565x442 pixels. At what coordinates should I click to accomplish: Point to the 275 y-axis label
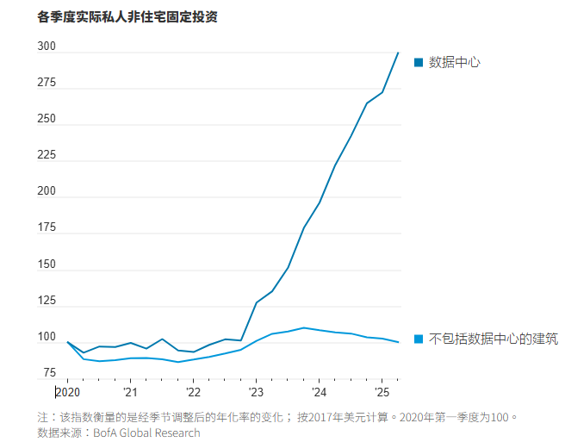point(47,83)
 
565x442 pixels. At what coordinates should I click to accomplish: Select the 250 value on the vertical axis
point(47,119)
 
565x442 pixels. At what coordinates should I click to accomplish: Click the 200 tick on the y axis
point(47,191)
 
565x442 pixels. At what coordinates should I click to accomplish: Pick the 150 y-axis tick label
point(47,265)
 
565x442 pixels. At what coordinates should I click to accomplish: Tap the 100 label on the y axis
point(47,337)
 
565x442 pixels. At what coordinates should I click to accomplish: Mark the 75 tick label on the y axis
point(49,373)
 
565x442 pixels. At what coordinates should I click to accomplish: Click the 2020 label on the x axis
point(67,393)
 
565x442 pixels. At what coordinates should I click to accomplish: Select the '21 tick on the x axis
point(129,393)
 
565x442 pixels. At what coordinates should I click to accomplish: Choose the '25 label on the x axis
point(382,393)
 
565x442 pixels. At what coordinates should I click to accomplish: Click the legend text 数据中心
point(454,62)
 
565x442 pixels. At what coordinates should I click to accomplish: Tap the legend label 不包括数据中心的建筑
point(493,339)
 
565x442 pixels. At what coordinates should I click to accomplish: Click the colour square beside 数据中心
point(419,62)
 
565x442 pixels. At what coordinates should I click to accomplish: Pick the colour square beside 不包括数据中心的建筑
point(419,339)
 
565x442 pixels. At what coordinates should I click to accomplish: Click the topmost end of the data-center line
point(398,53)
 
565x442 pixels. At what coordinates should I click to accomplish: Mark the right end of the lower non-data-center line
point(398,342)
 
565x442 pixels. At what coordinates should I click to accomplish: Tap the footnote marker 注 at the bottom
point(43,417)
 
